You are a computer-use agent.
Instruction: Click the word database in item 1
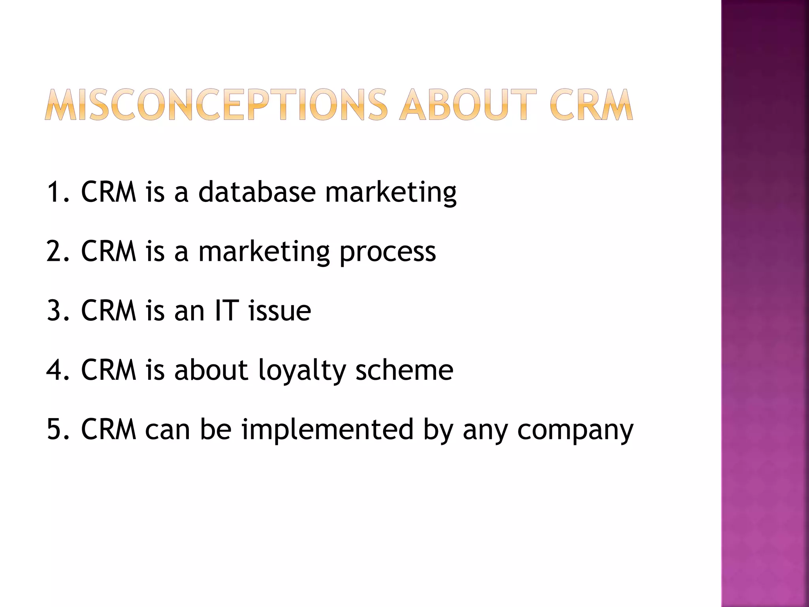[257, 192]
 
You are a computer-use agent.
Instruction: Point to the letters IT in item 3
[227, 311]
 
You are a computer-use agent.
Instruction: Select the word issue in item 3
[280, 311]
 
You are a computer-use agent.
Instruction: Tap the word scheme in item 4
[404, 370]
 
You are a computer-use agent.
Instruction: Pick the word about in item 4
[211, 370]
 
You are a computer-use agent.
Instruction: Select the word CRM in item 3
[109, 311]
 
